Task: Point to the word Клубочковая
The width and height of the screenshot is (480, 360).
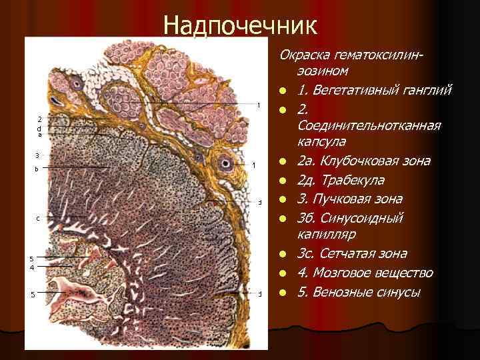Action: click(x=353, y=161)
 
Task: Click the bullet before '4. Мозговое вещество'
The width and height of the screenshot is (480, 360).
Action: click(x=283, y=273)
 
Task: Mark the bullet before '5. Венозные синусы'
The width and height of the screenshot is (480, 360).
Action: click(x=283, y=292)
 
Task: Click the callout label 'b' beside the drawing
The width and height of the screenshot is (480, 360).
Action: click(x=37, y=169)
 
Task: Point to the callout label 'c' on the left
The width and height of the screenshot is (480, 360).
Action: click(x=38, y=218)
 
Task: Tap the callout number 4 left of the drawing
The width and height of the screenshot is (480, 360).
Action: click(x=31, y=267)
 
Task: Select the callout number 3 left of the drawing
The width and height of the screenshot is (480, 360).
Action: click(x=37, y=155)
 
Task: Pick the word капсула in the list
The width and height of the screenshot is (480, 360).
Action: click(x=323, y=143)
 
